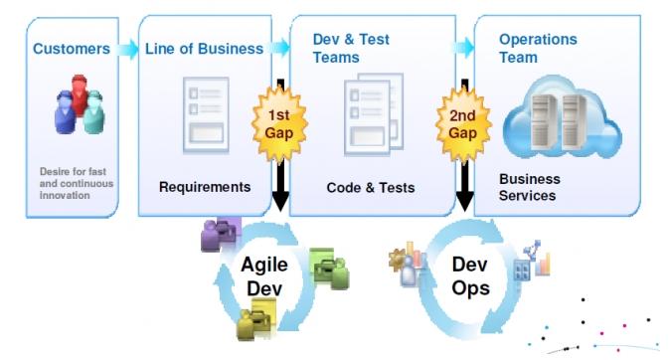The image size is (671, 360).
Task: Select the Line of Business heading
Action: coord(204,48)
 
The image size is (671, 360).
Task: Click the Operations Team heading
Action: coord(537,49)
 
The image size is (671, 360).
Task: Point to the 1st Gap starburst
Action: coord(278,122)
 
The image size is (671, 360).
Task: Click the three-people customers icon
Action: coord(79,110)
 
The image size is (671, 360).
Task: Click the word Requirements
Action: coord(205,186)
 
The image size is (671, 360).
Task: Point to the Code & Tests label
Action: coord(371,187)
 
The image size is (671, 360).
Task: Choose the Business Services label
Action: coord(529,187)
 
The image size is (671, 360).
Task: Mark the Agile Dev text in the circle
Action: coord(264,274)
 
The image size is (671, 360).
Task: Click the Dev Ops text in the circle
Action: coord(468,275)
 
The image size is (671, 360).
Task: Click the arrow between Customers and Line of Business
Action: coord(126,48)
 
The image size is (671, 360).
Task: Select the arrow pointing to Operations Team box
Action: coord(462,47)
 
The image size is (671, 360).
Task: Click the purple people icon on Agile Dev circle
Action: coord(220,235)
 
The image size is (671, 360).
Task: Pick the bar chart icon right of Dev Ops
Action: coord(537,261)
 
